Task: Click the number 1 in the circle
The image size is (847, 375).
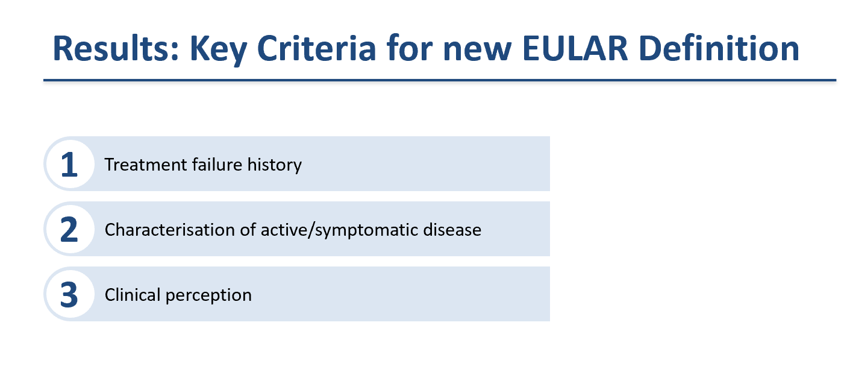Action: (x=70, y=165)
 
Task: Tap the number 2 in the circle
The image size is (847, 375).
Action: (x=70, y=230)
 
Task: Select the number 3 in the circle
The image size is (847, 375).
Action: (x=70, y=295)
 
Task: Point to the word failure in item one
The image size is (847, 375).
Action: (x=208, y=165)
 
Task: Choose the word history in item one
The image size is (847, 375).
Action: (x=271, y=165)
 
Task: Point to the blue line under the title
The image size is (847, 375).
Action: (x=440, y=80)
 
